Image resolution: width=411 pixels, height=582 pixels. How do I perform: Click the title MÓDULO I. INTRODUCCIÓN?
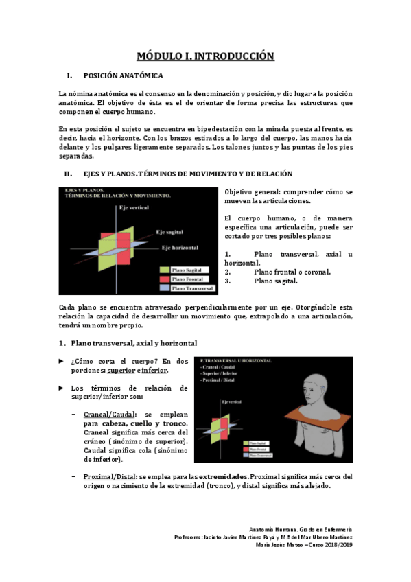point(205,56)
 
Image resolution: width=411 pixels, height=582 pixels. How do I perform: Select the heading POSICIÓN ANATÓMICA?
point(123,75)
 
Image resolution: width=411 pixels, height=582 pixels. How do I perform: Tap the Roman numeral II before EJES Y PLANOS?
point(68,174)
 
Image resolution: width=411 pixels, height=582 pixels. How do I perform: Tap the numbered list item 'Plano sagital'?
point(276,281)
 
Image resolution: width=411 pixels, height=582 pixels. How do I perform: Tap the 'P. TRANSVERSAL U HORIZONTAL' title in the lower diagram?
point(237,359)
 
